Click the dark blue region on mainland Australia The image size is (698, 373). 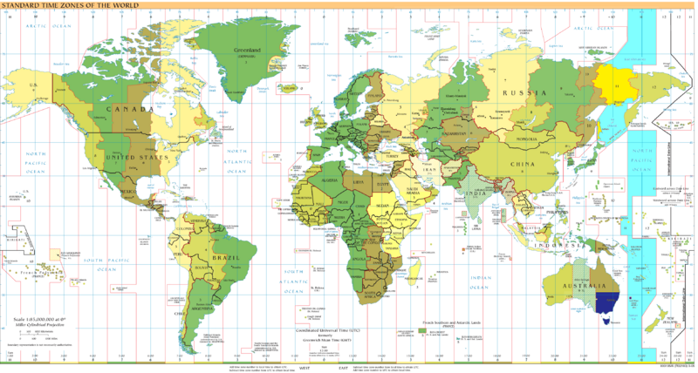click(x=609, y=302)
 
